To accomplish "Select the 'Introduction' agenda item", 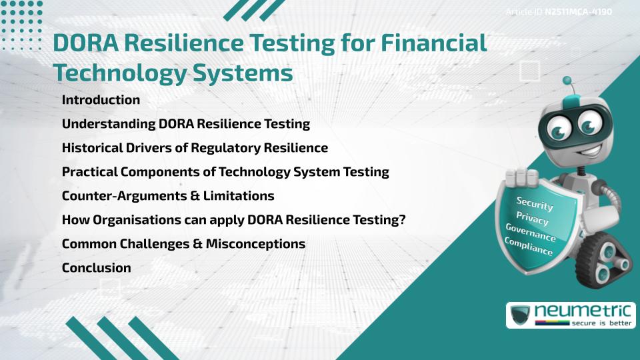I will point(101,100).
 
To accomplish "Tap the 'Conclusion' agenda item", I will point(96,268).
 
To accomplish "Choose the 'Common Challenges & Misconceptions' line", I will point(183,244).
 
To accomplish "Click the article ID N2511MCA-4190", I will point(578,12).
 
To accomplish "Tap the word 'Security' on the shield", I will point(535,204).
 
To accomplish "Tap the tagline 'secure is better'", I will point(602,323).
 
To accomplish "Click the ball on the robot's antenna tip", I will point(568,81).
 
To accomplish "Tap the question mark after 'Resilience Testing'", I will point(402,220).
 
